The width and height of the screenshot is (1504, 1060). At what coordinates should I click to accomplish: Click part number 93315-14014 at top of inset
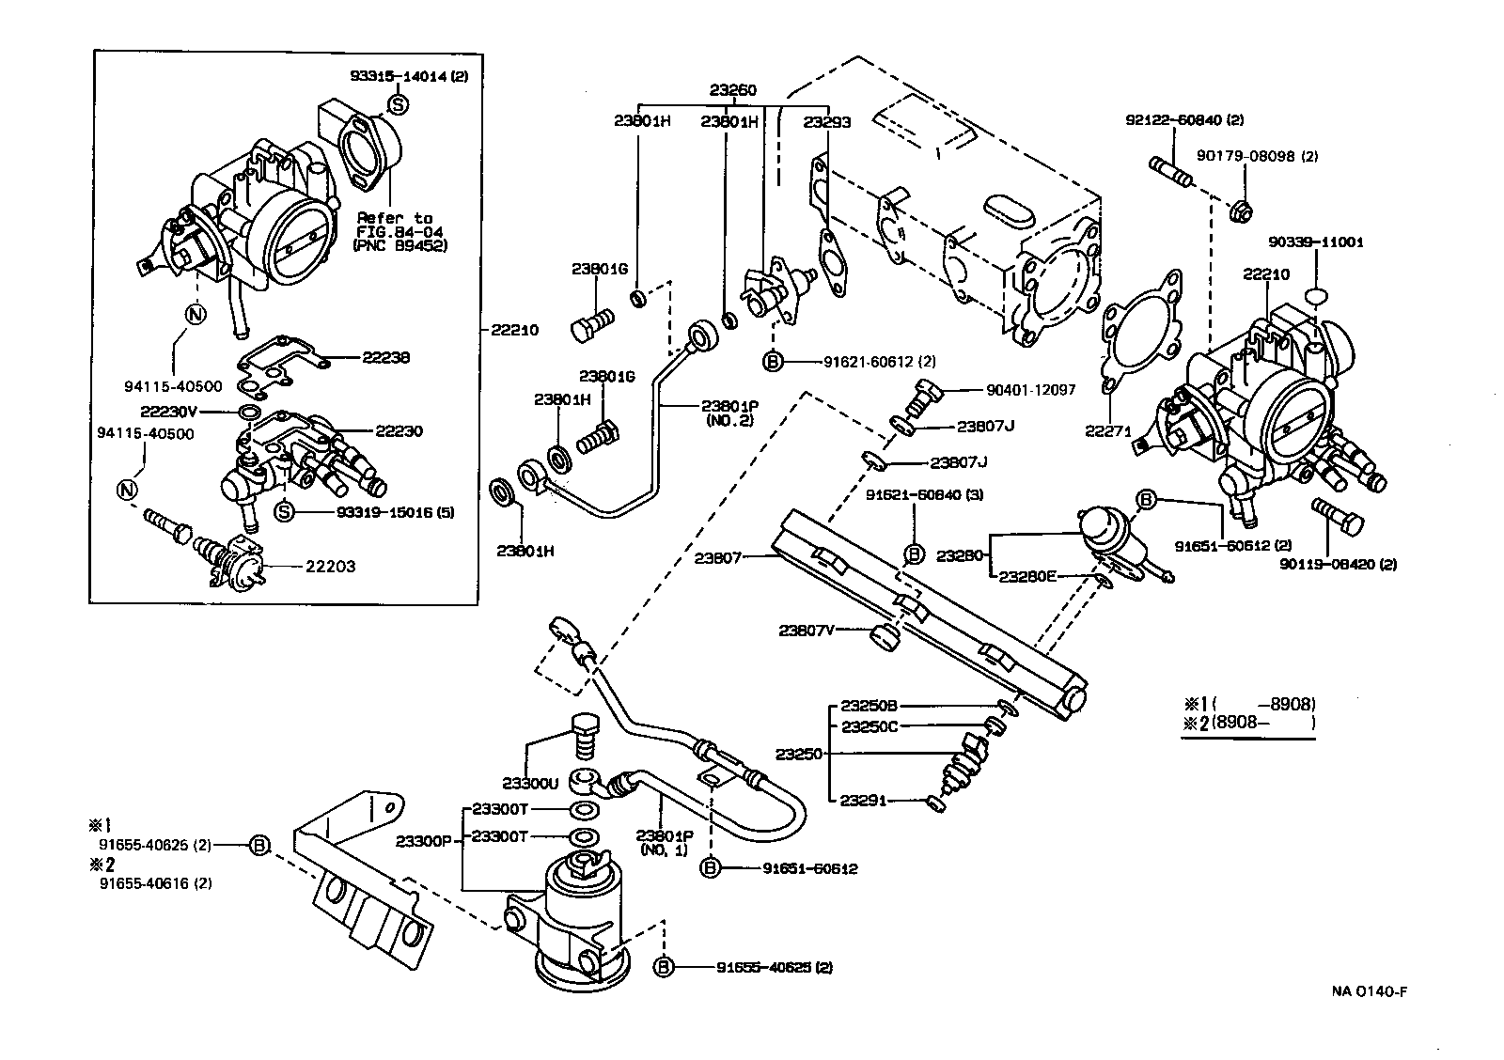coord(413,79)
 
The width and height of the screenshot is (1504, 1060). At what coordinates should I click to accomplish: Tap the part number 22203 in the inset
coord(330,567)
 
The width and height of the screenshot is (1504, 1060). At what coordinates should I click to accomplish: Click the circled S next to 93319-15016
coord(285,512)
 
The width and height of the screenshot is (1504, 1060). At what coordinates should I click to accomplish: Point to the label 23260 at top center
coord(732,91)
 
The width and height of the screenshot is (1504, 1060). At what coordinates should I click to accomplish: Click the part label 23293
coord(827,121)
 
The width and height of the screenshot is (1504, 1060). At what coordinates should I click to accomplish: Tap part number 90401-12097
coord(1030,389)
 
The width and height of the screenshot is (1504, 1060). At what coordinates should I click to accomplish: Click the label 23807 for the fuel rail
coord(718,558)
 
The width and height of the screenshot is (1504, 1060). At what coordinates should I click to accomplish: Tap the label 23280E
coord(1027,576)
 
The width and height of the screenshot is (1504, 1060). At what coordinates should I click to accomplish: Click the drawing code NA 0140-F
coord(1373,991)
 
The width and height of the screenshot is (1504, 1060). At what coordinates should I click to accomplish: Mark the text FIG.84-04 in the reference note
coord(394,231)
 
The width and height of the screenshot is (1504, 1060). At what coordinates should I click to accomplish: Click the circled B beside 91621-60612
coord(773,362)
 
